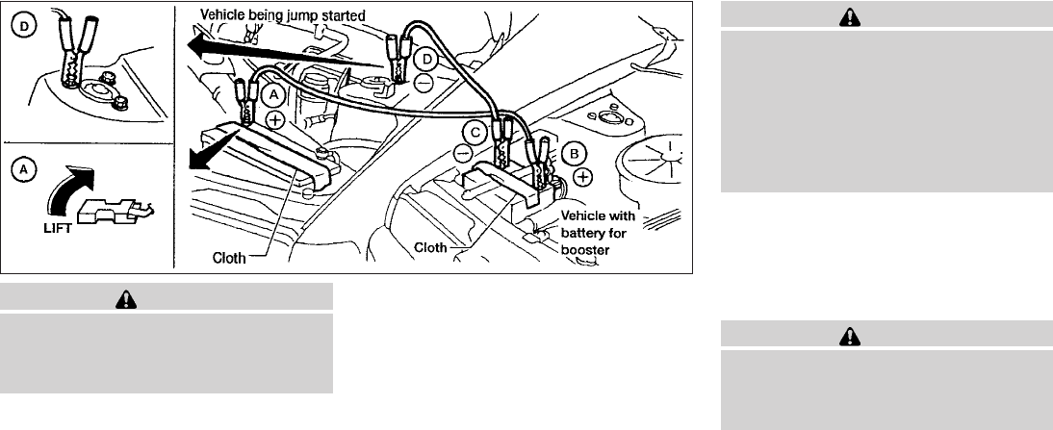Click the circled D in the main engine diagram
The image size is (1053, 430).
tap(428, 60)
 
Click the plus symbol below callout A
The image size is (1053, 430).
tap(274, 121)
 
